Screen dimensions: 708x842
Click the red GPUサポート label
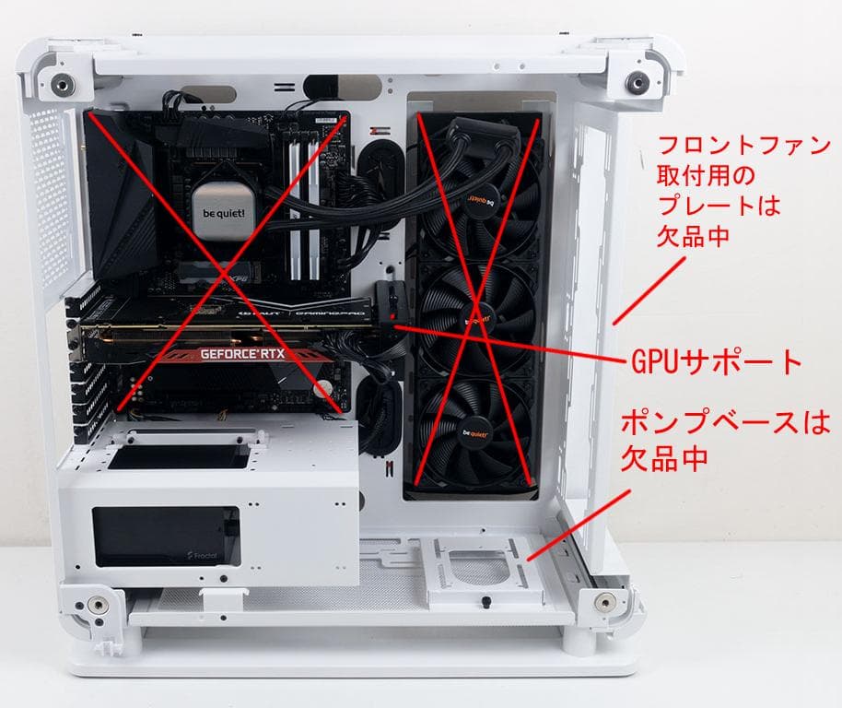(716, 360)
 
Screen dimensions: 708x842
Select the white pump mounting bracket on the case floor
(479, 572)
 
